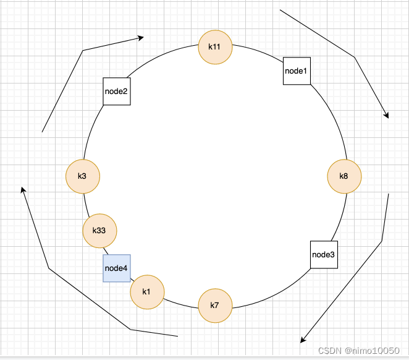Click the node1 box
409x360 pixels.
pyautogui.click(x=297, y=71)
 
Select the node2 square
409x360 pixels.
pyautogui.click(x=116, y=92)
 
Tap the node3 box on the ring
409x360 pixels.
pyautogui.click(x=324, y=254)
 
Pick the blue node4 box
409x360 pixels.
pyautogui.click(x=116, y=268)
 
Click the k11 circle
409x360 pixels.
pyautogui.click(x=215, y=46)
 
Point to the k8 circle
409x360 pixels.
pyautogui.click(x=344, y=176)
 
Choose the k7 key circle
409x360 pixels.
pyautogui.click(x=215, y=305)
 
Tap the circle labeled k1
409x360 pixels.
pyautogui.click(x=147, y=292)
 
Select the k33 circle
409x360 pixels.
pyautogui.click(x=99, y=231)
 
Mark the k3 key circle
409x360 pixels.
pyautogui.click(x=82, y=176)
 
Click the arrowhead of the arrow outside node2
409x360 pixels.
pyautogui.click(x=141, y=38)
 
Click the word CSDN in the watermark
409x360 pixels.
pyautogui.click(x=329, y=350)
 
